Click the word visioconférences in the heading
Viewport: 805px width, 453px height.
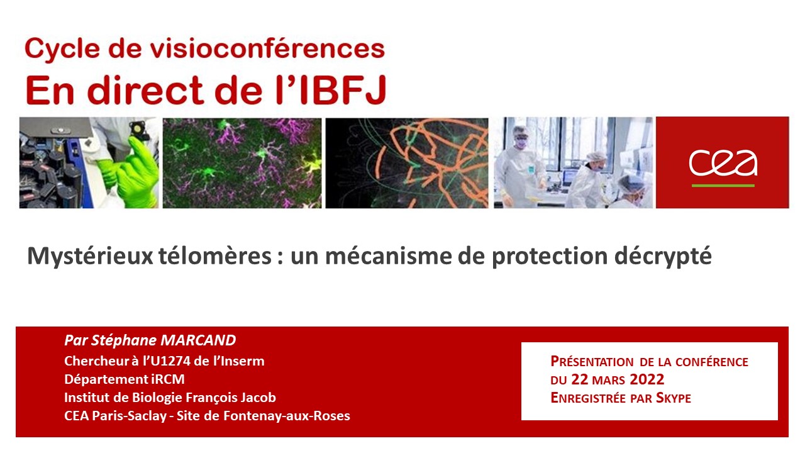click(x=267, y=49)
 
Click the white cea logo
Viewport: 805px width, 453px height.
click(x=723, y=164)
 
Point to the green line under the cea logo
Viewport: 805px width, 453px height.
click(x=723, y=186)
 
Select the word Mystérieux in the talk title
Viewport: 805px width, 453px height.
click(x=90, y=256)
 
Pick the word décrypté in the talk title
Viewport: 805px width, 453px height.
click(x=663, y=256)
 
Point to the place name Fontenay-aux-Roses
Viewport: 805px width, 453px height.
click(x=286, y=416)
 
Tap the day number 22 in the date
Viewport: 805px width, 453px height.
click(x=579, y=379)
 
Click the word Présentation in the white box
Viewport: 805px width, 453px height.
click(x=592, y=361)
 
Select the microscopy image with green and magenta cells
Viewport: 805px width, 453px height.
click(x=242, y=163)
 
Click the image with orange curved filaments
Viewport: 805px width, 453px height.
click(x=407, y=163)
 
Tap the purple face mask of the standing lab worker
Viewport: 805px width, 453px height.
click(x=521, y=143)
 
